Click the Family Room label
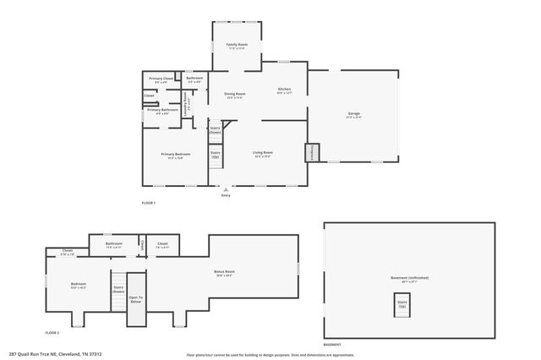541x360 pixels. tap(236, 46)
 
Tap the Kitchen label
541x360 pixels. tap(284, 90)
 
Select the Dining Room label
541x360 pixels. tap(234, 95)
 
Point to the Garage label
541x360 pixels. tap(353, 115)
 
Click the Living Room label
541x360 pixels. tap(262, 154)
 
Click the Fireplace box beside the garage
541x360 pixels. tap(312, 153)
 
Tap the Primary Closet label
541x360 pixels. tap(161, 79)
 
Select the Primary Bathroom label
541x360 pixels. tap(161, 111)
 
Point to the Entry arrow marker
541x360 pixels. tap(225, 189)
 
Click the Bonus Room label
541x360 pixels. tap(224, 273)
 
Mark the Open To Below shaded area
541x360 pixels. tap(135, 300)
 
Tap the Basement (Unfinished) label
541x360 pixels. tap(409, 279)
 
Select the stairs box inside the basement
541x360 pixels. tap(402, 303)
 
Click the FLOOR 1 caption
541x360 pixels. tap(148, 204)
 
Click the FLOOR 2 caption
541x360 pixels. tap(52, 333)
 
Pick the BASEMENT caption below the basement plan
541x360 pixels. tap(332, 345)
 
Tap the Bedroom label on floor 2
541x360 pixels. tap(78, 285)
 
